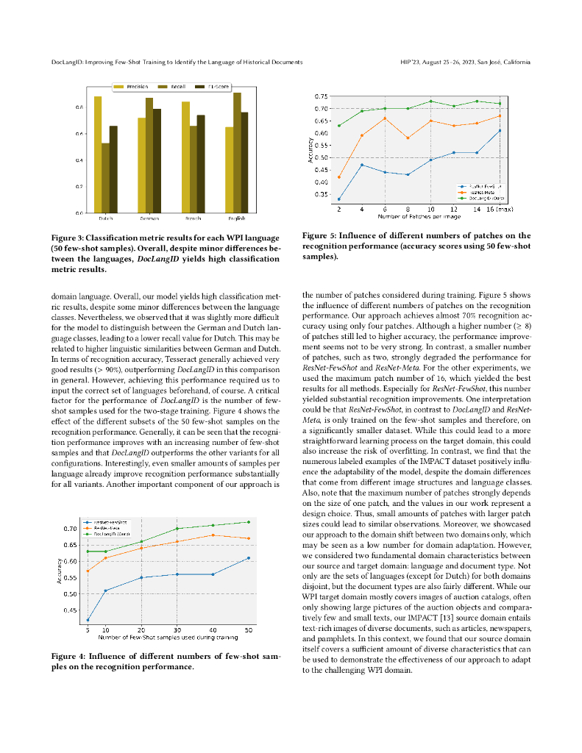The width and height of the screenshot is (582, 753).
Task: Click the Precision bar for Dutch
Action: (98, 154)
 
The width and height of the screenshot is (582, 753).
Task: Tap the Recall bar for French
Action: (194, 169)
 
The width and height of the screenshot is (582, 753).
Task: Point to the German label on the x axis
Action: (149, 218)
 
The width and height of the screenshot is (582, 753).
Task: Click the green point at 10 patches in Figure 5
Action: (431, 101)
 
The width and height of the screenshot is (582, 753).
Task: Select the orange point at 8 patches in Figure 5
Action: (408, 138)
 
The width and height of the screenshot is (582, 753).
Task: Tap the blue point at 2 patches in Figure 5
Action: (339, 199)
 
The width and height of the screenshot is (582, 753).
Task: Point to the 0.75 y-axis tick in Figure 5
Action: (322, 96)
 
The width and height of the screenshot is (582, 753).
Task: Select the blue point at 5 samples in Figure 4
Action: (88, 620)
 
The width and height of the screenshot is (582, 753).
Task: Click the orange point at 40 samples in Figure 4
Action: (213, 535)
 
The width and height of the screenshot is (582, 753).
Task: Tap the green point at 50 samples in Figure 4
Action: (249, 522)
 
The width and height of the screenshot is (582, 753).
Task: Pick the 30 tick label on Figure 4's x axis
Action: (177, 630)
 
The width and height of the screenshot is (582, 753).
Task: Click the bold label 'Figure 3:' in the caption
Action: (67, 238)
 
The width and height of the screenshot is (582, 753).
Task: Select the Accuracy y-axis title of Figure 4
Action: (59, 571)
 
